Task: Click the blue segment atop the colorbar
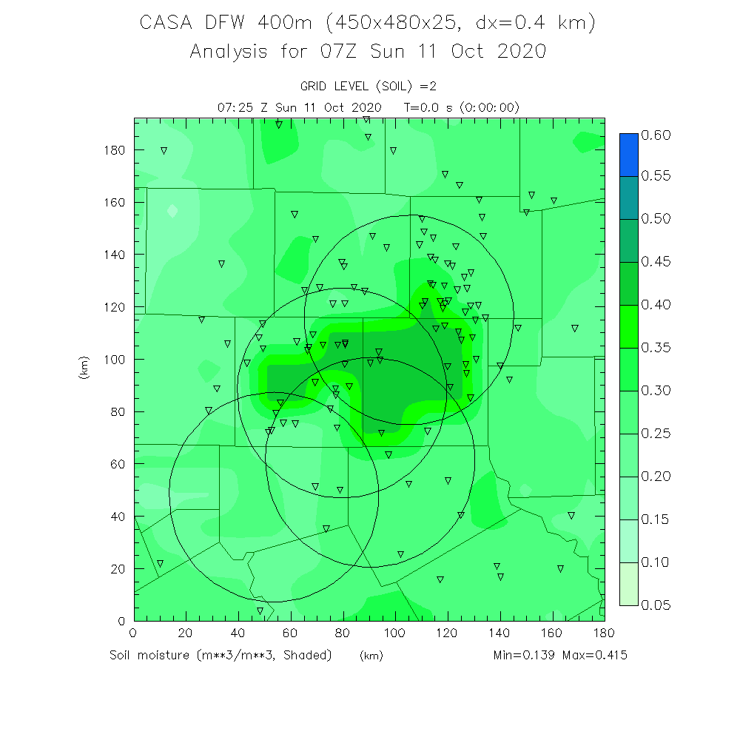628,155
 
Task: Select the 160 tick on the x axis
551,633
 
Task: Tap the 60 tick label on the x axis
289,633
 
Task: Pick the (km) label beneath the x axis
371,656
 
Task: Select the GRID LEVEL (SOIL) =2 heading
369,87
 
